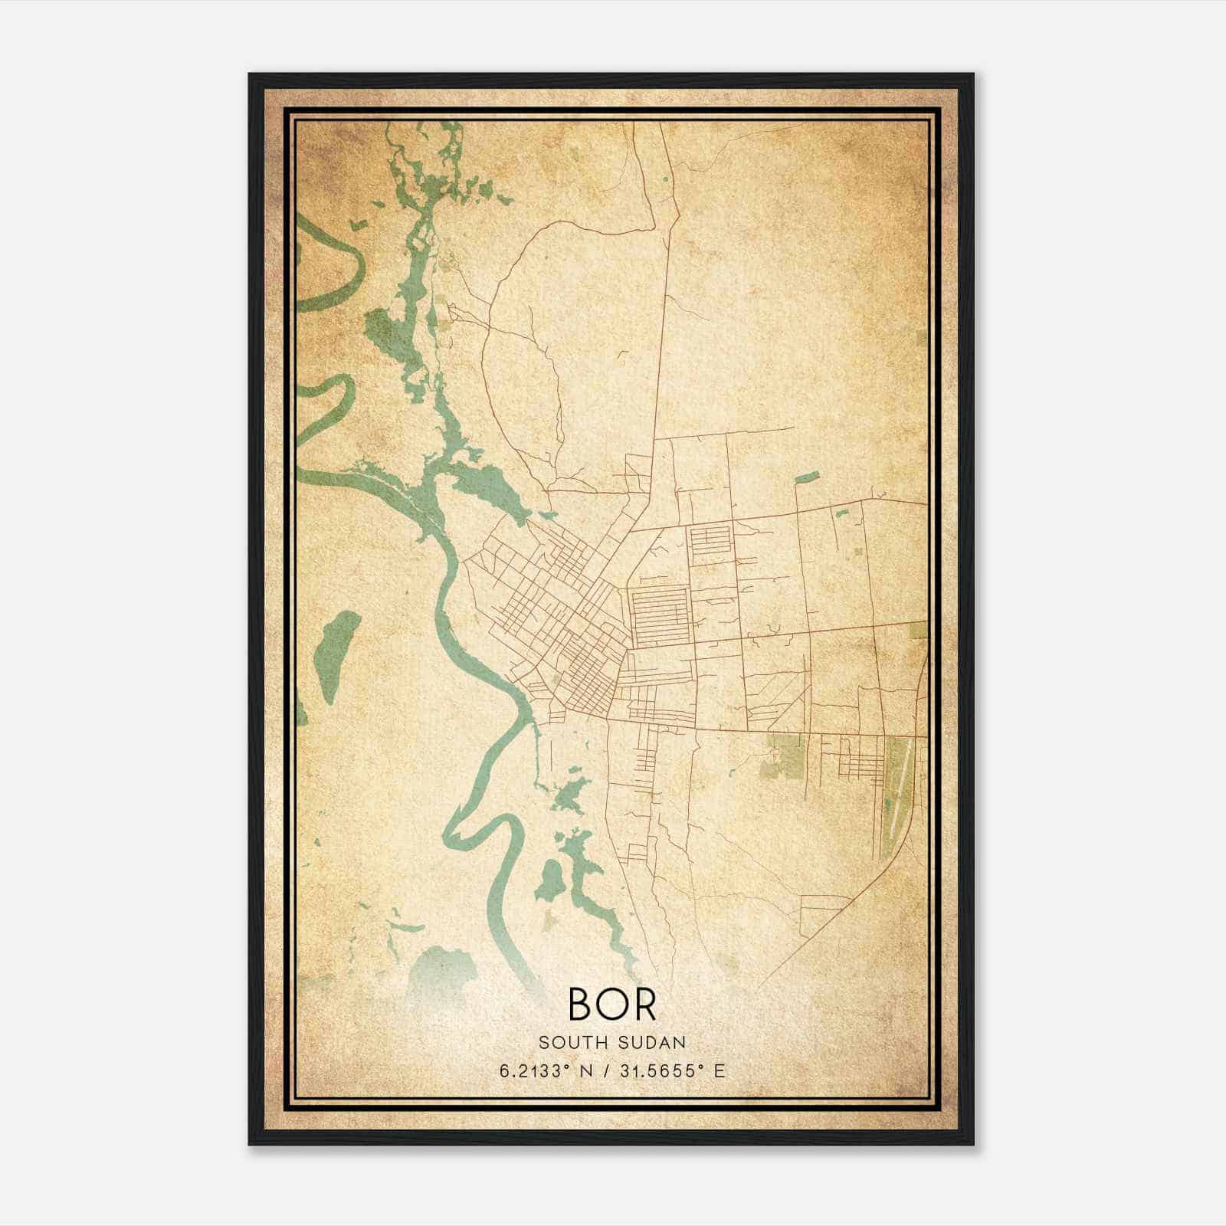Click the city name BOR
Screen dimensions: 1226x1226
click(611, 1004)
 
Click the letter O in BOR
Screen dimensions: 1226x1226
click(611, 1004)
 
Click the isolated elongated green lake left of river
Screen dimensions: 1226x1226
click(335, 657)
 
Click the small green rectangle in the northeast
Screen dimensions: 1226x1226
click(806, 477)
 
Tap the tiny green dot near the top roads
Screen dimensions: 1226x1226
click(664, 180)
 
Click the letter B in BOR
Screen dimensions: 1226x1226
click(579, 1004)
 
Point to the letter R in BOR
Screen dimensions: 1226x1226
click(645, 1004)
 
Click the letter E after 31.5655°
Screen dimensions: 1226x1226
click(719, 1071)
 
